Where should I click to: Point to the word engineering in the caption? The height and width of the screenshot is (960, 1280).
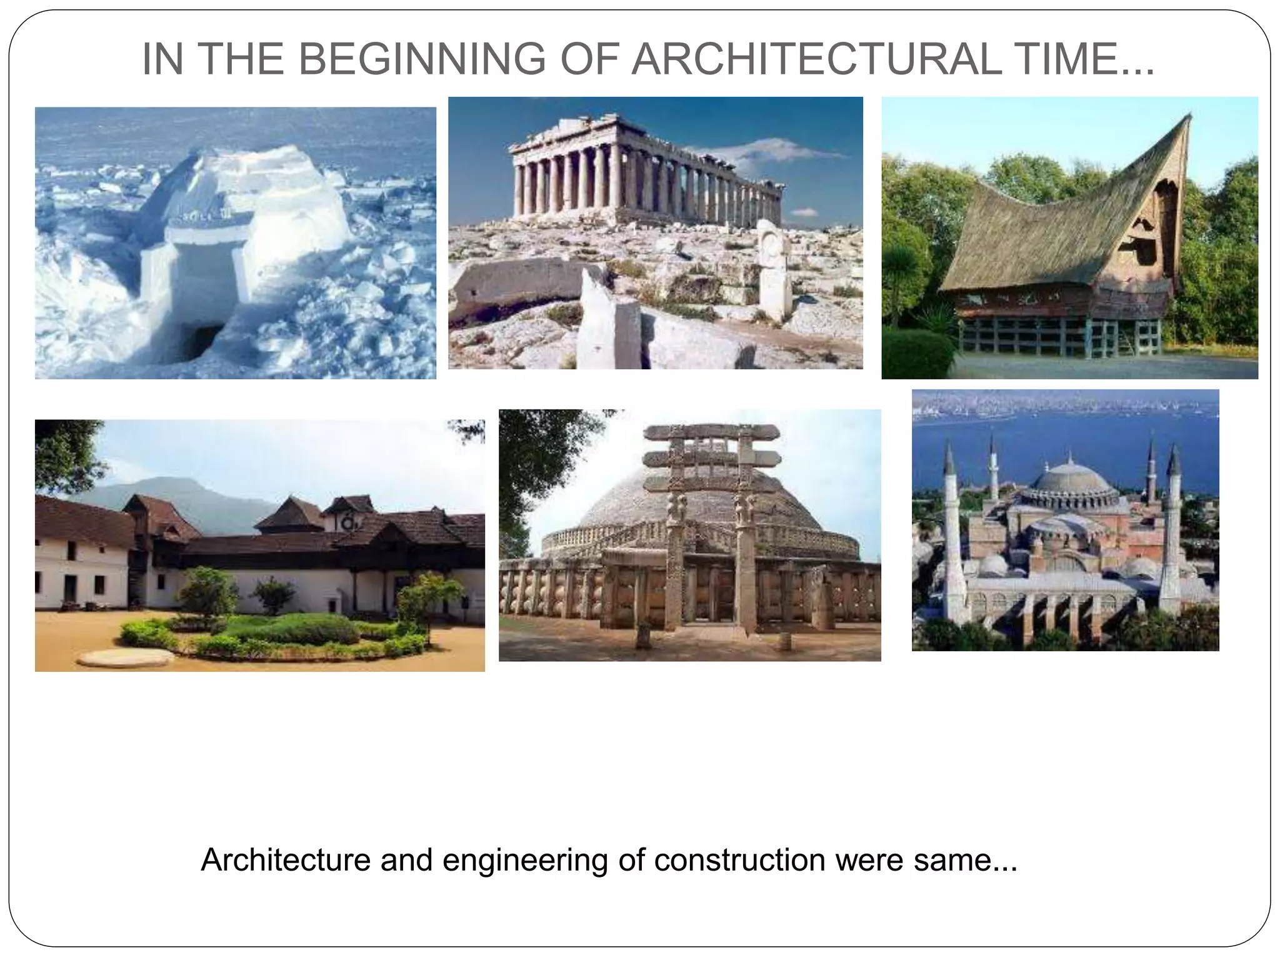525,861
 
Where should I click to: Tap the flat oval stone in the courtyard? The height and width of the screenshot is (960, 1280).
126,657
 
